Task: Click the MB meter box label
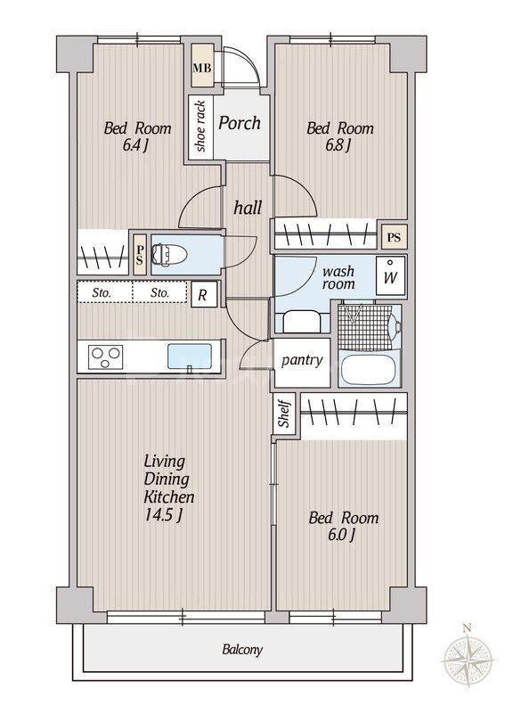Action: click(202, 69)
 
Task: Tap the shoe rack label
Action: click(200, 127)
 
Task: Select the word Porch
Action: click(240, 123)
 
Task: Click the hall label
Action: click(248, 208)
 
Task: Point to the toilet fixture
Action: click(168, 254)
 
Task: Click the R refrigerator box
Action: click(203, 295)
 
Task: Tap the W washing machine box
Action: click(390, 276)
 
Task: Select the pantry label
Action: click(302, 361)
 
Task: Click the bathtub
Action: click(367, 369)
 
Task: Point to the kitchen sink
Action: click(190, 356)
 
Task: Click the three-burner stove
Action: click(107, 356)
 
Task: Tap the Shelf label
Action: click(284, 414)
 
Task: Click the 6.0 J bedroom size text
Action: click(341, 536)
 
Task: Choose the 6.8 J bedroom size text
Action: click(338, 145)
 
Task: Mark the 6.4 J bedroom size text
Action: click(135, 145)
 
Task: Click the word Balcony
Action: click(242, 650)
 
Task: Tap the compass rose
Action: click(468, 659)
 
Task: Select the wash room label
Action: click(338, 278)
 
